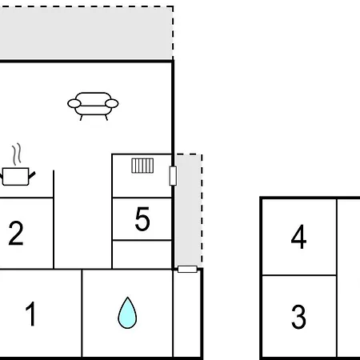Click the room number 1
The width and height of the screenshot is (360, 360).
31,314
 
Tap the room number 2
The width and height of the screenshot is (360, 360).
16,233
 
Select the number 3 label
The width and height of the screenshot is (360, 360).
298,317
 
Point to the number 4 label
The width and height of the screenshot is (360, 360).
298,237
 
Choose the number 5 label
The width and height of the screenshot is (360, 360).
142,219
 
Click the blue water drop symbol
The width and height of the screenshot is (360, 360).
127,313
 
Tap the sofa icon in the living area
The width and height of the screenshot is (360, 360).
93,106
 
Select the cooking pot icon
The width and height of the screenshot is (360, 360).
17,176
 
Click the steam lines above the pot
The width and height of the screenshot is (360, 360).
17,154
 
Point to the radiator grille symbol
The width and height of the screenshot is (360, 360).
142,166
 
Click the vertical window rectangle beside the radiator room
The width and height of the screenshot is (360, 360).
173,176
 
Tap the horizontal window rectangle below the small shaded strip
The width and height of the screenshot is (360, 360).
187,269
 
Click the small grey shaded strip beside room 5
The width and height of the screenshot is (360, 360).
188,210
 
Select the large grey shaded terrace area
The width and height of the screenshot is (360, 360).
86,33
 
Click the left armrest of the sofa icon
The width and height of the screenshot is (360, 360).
74,103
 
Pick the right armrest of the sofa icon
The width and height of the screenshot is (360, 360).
112,103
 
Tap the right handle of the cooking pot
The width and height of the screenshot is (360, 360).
32,175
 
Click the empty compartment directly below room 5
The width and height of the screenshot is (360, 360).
142,254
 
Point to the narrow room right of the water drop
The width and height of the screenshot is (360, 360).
187,314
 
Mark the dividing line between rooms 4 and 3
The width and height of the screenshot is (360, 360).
299,275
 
